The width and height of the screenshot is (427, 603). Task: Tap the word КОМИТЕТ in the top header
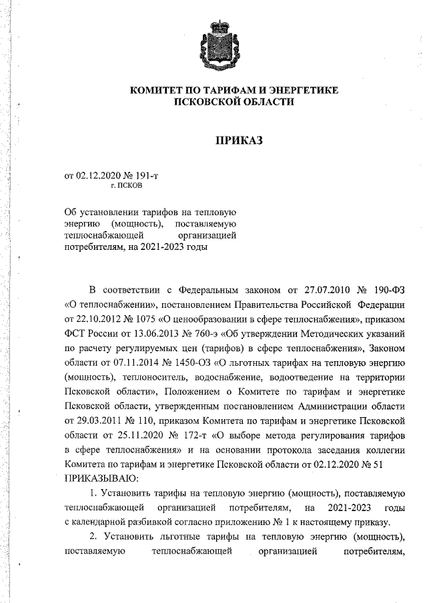[x=158, y=89]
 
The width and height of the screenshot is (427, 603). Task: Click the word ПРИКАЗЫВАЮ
[x=101, y=478]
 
